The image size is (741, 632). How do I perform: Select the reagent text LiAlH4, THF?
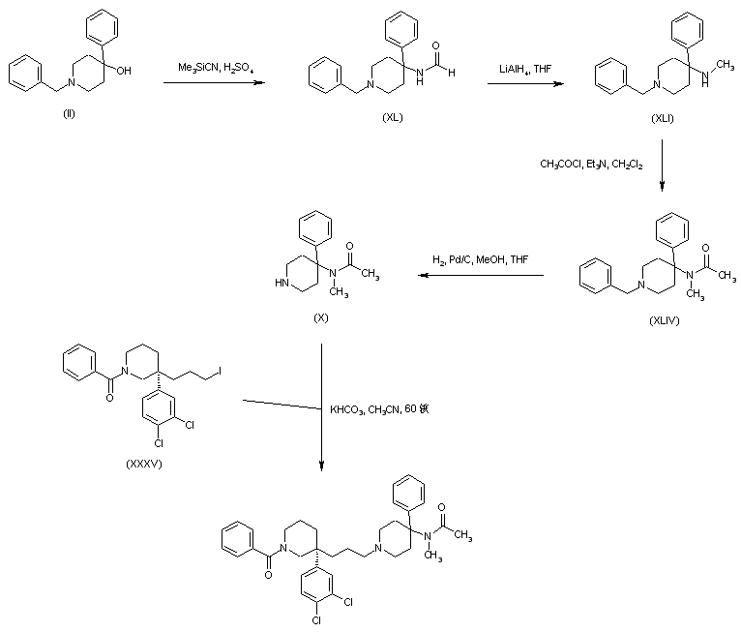pos(524,69)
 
